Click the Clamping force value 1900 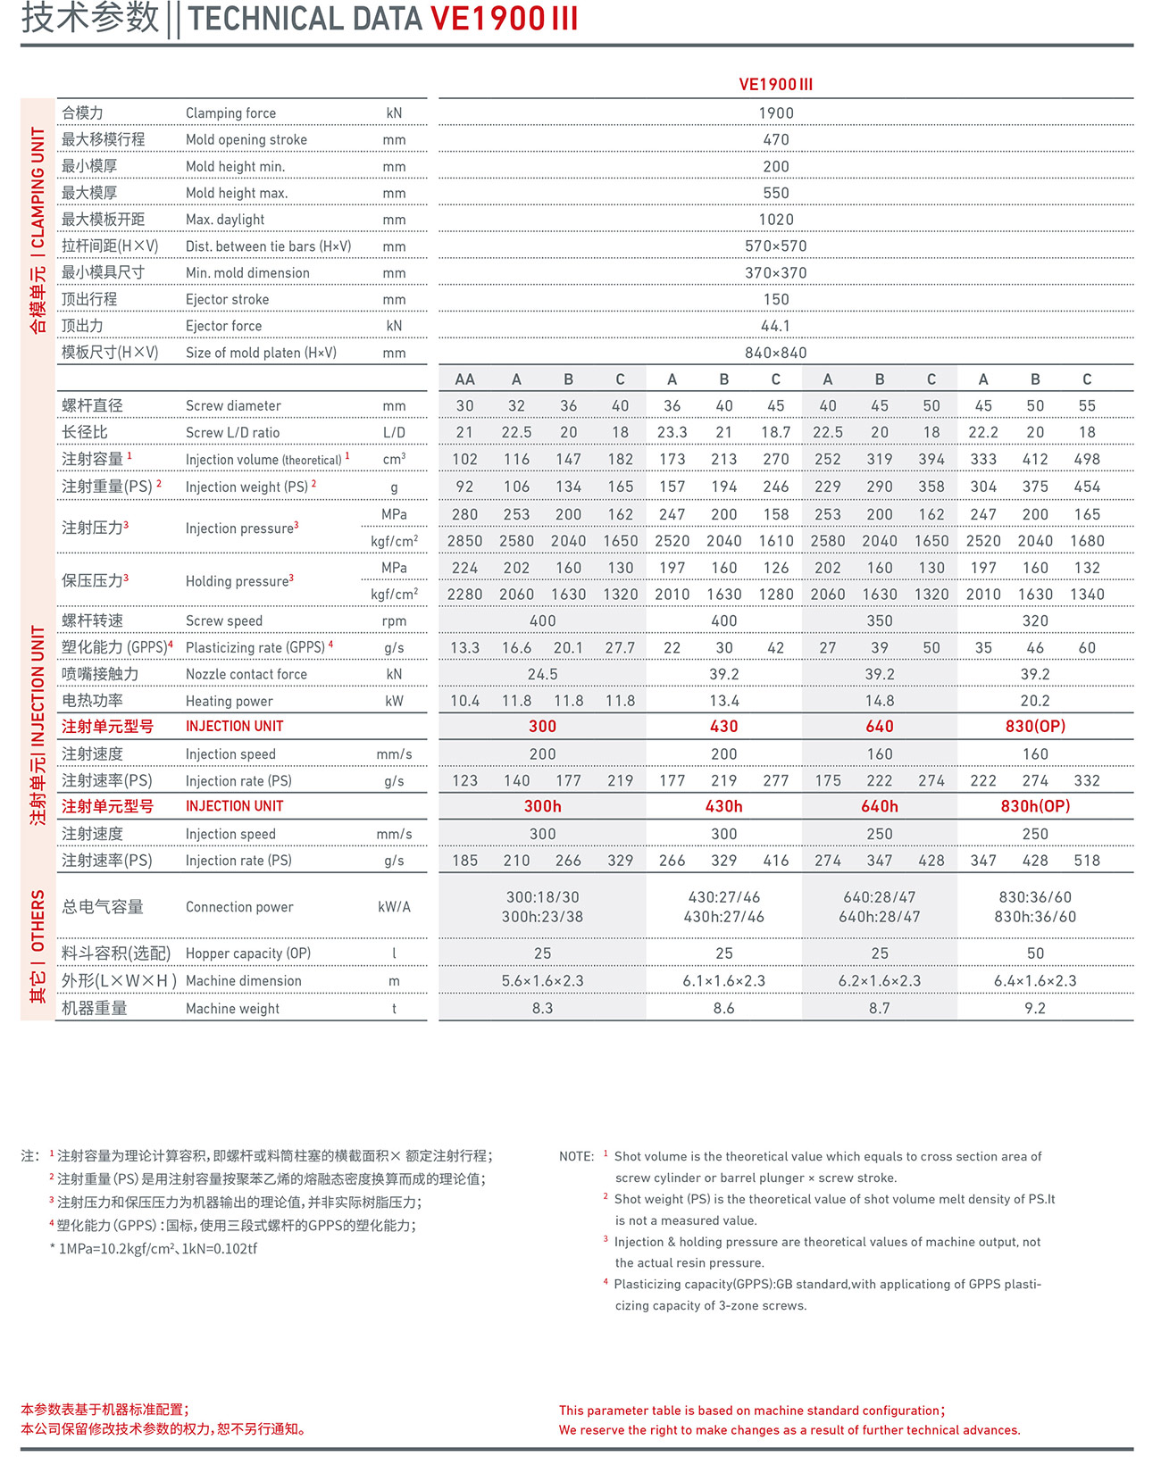click(775, 113)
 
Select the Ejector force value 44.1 click(775, 326)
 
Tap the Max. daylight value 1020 click(775, 220)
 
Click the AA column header click(464, 379)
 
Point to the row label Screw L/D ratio click(232, 433)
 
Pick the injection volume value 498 click(1086, 460)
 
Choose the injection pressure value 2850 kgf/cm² click(464, 541)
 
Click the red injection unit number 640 click(879, 727)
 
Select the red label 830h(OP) click(1035, 806)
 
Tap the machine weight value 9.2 click(1035, 1008)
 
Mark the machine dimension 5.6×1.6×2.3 click(542, 981)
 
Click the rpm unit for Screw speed click(394, 621)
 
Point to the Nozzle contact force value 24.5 click(542, 674)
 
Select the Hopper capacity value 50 click(1035, 953)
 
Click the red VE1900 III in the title click(505, 19)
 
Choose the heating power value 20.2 click(1035, 701)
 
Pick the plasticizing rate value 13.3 click(464, 648)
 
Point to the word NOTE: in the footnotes click(576, 1157)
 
